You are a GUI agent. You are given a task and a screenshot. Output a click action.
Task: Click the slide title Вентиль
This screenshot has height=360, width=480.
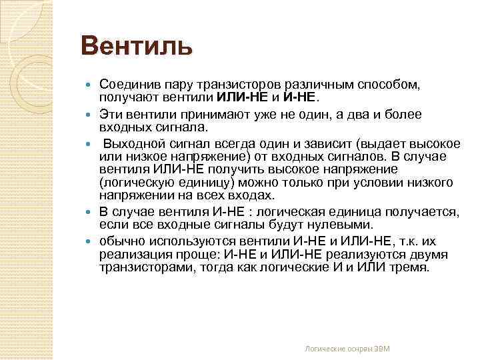click(137, 47)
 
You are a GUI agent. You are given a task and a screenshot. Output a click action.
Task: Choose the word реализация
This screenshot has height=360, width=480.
click(132, 255)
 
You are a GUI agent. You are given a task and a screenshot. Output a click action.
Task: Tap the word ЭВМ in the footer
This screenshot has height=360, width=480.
click(381, 349)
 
